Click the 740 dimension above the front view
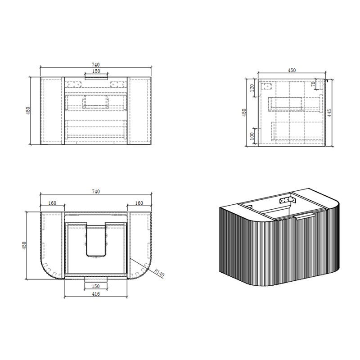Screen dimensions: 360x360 [96, 65]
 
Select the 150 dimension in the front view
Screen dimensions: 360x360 [96, 71]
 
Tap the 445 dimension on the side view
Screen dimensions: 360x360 [329, 113]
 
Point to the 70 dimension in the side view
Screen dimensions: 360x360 [313, 84]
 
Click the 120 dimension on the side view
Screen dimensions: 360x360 [252, 88]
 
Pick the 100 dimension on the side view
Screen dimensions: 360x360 [252, 136]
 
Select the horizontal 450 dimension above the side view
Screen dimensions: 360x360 [292, 70]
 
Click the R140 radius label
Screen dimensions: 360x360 [159, 273]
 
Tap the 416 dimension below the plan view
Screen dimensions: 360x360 [96, 294]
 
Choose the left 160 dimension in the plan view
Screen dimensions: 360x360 [52, 203]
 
